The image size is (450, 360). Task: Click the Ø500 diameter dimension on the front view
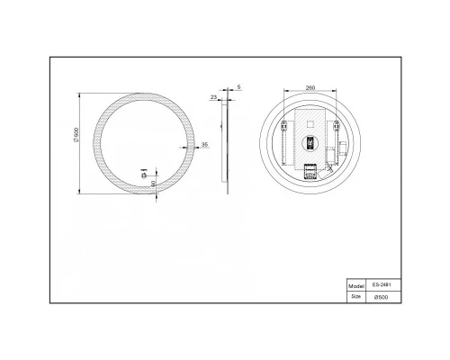coord(77,141)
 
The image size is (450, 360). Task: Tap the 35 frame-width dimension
coord(205,144)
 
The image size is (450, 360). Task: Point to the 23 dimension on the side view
coord(214,96)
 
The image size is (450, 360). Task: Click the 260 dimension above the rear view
coord(310,88)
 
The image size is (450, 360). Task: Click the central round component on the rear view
coord(310,142)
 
